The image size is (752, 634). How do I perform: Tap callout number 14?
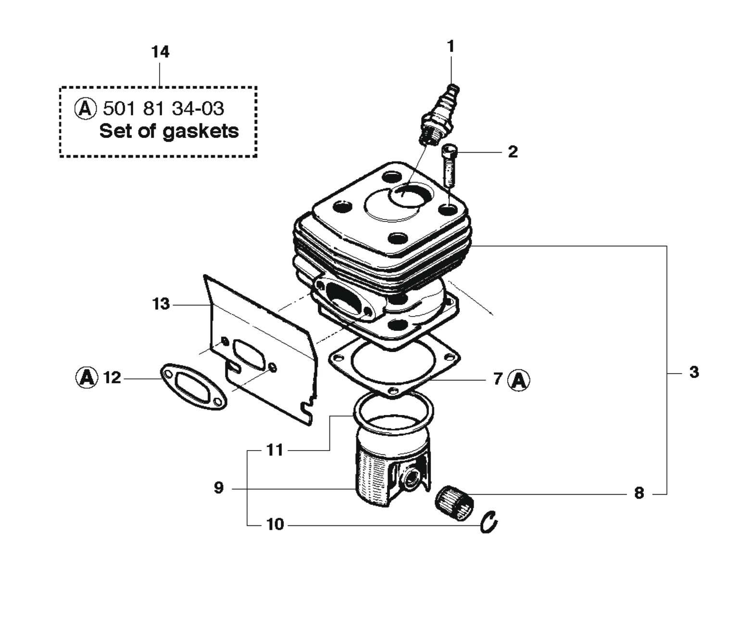coord(160,52)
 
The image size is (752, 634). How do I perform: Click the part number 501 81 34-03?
coord(163,108)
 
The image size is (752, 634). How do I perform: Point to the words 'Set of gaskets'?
coord(169,131)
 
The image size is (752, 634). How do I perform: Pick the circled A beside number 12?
coord(87,378)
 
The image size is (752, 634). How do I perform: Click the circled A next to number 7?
coord(519,380)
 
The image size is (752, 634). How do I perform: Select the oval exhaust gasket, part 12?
coord(193,386)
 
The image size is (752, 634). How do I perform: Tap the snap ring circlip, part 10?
coord(489,522)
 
